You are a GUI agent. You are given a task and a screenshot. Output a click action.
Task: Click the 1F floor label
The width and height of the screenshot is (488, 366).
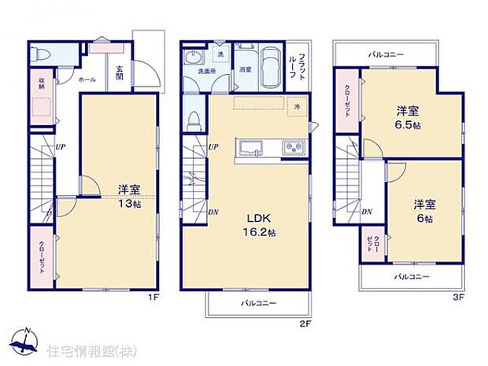click(155, 298)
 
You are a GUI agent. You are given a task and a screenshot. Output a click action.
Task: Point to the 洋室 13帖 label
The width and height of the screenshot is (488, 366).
click(130, 195)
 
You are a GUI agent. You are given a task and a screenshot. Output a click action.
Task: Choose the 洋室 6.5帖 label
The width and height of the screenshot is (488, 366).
click(407, 118)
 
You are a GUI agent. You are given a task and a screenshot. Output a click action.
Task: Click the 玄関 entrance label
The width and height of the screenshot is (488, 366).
click(119, 73)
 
